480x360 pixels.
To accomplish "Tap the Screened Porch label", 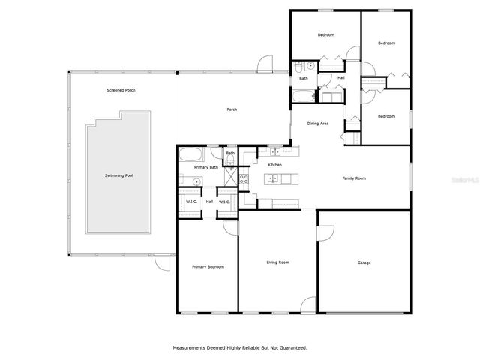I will click(121, 90).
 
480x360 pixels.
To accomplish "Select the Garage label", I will click(364, 262).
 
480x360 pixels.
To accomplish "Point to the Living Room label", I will click(278, 262).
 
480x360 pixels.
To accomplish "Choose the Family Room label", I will click(354, 178).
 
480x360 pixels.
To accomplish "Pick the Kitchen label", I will click(275, 164).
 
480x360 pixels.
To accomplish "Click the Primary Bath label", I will click(206, 167).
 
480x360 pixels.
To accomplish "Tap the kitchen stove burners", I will click(244, 178).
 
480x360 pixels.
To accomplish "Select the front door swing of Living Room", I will click(307, 306).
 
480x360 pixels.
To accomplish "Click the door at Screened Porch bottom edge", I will click(161, 262).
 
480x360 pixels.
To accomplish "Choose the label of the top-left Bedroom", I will click(325, 35).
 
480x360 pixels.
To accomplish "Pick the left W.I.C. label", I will click(191, 202).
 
